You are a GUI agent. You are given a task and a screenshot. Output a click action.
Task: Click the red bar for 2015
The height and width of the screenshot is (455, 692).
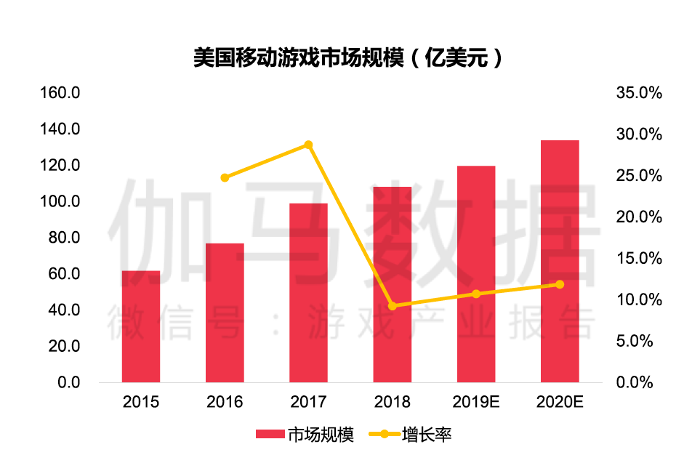pyautogui.click(x=140, y=326)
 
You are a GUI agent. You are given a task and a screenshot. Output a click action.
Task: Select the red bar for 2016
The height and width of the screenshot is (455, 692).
pyautogui.click(x=225, y=313)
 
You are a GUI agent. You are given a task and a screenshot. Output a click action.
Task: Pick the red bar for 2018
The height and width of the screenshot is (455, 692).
pyautogui.click(x=393, y=284)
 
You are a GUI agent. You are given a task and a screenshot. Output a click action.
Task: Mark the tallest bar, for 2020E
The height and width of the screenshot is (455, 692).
pyautogui.click(x=560, y=261)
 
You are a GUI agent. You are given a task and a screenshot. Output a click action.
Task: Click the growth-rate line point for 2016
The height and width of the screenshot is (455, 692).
pyautogui.click(x=225, y=177)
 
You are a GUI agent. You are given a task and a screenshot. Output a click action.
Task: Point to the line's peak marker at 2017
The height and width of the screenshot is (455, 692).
pyautogui.click(x=308, y=145)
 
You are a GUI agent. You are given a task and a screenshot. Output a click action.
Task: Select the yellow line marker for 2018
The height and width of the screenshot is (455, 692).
pyautogui.click(x=393, y=306)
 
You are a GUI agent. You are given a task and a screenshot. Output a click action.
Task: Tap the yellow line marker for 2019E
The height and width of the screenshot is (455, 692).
pyautogui.click(x=476, y=294)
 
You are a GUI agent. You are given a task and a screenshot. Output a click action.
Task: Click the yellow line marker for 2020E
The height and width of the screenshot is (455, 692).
pyautogui.click(x=560, y=284)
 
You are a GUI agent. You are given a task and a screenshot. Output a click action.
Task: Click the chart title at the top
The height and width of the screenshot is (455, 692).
pyautogui.click(x=347, y=57)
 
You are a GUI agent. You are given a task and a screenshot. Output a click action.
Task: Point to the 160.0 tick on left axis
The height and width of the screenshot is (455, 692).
pyautogui.click(x=60, y=93)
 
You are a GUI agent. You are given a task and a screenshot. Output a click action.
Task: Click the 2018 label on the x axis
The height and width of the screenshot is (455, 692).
pyautogui.click(x=393, y=401)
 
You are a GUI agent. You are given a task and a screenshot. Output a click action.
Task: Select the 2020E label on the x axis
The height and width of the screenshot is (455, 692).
pyautogui.click(x=560, y=401)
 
